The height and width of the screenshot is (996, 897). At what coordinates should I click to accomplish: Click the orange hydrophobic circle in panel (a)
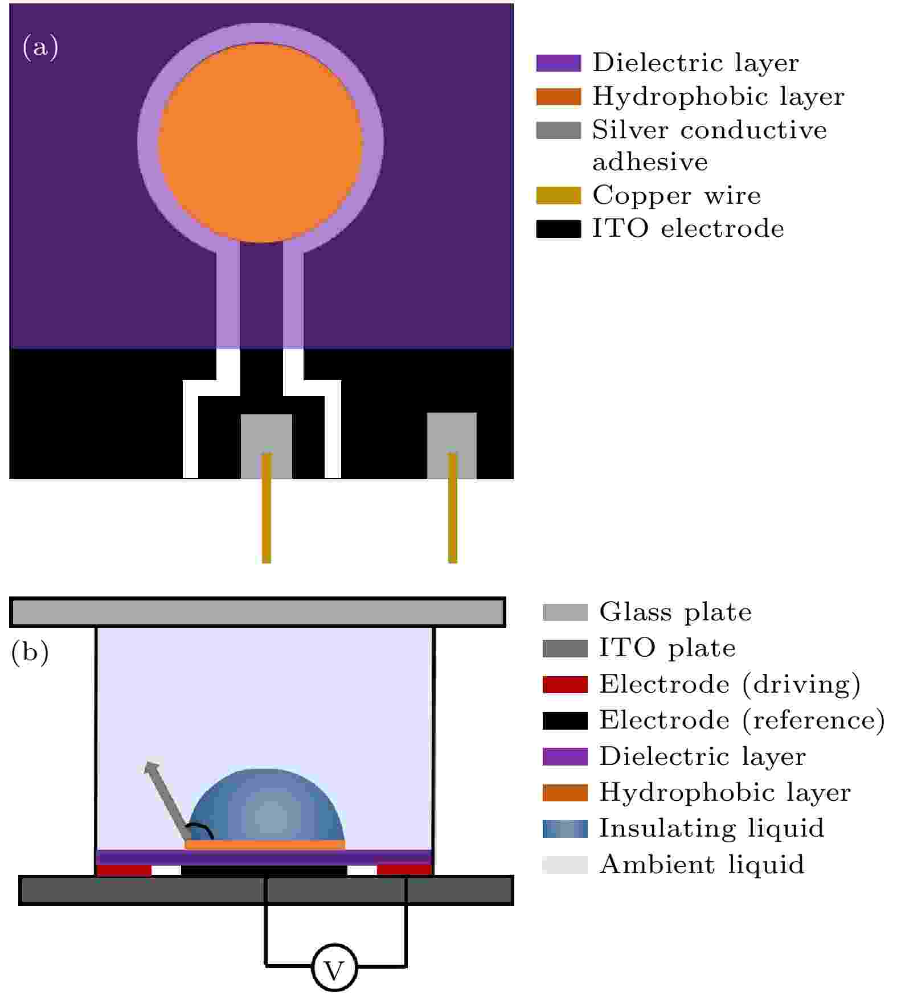260,143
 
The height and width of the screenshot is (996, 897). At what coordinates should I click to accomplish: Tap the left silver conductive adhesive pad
267,446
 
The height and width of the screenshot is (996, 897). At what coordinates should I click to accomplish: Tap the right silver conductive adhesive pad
452,446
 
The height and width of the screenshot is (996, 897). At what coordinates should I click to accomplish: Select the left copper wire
266,508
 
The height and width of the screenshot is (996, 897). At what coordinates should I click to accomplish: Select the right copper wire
453,508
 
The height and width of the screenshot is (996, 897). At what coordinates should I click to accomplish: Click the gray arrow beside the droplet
167,799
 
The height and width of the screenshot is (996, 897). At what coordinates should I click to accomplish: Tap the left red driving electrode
124,870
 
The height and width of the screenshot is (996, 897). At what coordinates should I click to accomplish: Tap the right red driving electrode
404,870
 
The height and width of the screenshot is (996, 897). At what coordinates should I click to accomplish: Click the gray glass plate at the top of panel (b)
258,612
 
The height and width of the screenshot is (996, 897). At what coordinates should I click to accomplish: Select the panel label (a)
40,47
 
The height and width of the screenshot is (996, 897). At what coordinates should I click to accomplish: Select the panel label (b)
30,652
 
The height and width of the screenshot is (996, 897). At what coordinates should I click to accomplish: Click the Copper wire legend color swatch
558,195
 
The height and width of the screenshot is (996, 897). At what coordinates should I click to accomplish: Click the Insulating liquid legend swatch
565,829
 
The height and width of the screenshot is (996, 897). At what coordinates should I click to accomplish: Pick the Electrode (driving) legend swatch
565,685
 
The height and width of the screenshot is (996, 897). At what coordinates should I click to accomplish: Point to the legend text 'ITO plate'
667,648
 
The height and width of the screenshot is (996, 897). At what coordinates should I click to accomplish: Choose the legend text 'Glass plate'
675,612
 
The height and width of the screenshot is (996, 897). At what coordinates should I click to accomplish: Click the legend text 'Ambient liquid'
702,865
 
